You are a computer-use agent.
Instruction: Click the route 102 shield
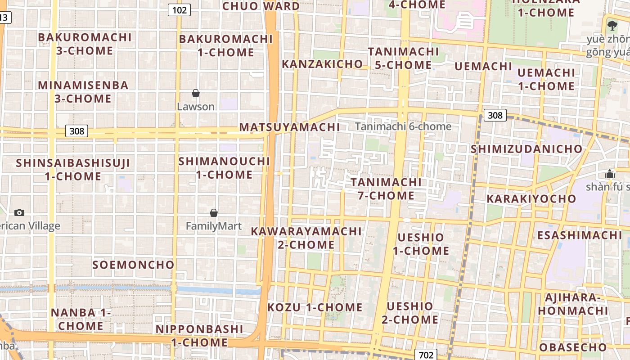179,9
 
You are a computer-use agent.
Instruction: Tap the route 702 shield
426,355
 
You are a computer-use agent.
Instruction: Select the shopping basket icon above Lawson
196,93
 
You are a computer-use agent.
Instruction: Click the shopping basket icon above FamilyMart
214,212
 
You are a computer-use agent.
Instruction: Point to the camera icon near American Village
19,212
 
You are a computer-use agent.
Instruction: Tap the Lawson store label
196,107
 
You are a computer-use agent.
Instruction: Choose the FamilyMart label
214,226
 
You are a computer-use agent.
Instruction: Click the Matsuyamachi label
289,127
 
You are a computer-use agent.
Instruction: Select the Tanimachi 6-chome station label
403,126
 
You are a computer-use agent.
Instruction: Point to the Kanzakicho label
322,64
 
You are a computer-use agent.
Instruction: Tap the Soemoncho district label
133,265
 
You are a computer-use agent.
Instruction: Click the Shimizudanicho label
526,149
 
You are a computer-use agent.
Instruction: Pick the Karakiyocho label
531,198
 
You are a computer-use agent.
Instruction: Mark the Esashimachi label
580,235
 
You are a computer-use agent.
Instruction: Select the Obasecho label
573,347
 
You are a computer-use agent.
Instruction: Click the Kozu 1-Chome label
315,307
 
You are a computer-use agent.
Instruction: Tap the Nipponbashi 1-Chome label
199,336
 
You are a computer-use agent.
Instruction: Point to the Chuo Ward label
261,6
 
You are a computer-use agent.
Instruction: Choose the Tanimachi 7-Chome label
386,189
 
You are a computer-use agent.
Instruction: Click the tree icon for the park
612,25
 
